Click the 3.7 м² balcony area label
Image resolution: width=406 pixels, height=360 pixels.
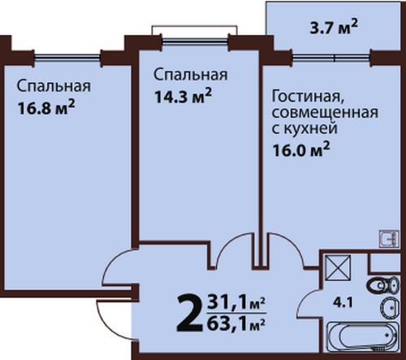point(334,28)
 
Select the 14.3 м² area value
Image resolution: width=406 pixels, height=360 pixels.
point(183,96)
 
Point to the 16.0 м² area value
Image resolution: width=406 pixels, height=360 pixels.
point(301,150)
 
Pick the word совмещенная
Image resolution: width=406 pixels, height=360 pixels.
point(325,112)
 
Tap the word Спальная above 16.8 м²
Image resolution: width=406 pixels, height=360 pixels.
point(54,86)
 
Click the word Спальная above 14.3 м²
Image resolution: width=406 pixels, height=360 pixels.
point(191,75)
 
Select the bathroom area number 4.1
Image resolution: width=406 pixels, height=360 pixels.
point(343,302)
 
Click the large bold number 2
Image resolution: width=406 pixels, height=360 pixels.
point(189,314)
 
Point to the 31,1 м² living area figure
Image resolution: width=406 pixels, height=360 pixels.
point(235,304)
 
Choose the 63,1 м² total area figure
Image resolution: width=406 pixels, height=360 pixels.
point(235,323)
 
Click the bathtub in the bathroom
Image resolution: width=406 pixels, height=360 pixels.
point(363,336)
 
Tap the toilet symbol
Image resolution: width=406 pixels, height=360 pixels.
point(383,285)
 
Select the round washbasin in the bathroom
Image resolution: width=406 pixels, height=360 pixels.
point(390,307)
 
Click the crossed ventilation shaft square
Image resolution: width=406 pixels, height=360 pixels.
point(338,267)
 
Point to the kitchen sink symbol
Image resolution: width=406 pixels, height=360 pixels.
point(389,238)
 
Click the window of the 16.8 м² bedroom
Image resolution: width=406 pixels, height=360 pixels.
point(67,57)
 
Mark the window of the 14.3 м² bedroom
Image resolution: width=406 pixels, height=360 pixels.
point(195,41)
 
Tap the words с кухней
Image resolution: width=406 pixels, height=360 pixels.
point(304,128)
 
